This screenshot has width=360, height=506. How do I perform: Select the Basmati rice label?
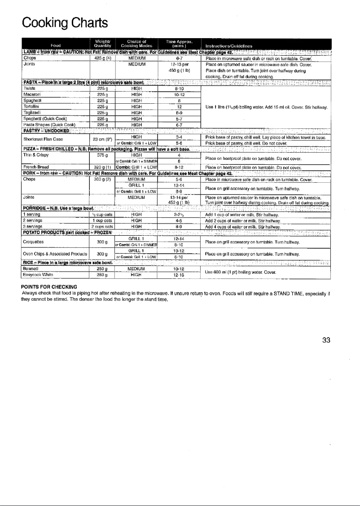(30, 262)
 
